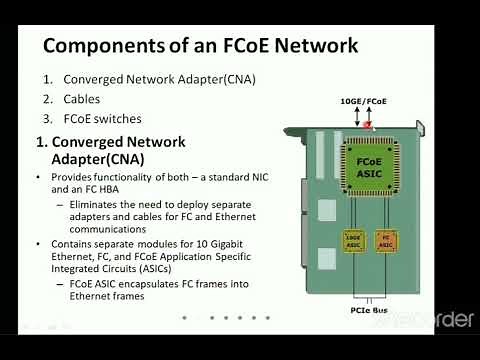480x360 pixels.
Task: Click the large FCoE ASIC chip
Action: (370, 167)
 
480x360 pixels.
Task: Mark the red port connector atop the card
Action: (370, 125)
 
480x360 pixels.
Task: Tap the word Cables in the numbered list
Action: (84, 99)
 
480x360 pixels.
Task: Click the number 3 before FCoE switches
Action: (47, 118)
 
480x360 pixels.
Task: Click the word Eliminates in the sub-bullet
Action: (98, 204)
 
